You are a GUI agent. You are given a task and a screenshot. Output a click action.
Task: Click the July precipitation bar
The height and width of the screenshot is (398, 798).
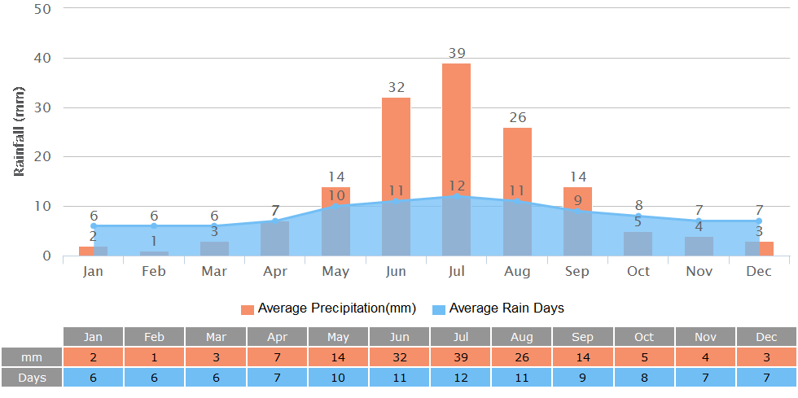(x=456, y=130)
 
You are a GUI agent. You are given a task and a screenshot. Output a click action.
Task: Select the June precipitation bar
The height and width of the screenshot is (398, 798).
(x=396, y=147)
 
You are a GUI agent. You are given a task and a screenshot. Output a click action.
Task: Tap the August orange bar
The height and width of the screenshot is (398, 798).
(x=517, y=163)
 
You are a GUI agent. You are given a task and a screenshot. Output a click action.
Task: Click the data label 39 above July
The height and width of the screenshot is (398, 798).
(x=457, y=54)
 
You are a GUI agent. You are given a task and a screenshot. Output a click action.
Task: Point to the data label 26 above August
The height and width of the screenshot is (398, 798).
(x=517, y=117)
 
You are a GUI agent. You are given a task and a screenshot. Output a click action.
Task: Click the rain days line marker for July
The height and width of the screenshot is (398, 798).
(x=457, y=195)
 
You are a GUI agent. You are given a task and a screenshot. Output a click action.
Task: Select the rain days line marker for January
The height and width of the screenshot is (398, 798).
(x=94, y=225)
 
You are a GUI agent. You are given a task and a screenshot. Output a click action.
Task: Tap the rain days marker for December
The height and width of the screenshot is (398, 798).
(x=759, y=221)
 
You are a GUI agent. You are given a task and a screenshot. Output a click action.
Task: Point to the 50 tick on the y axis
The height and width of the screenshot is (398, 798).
(x=42, y=9)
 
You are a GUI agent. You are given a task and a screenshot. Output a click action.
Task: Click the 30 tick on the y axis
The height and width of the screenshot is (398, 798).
(x=42, y=107)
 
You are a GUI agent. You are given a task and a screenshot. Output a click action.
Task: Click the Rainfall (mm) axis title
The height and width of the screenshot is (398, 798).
(x=20, y=130)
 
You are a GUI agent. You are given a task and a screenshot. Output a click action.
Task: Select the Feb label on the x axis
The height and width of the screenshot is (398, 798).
(x=154, y=271)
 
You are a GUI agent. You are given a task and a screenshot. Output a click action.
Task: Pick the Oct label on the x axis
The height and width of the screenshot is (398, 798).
(x=638, y=271)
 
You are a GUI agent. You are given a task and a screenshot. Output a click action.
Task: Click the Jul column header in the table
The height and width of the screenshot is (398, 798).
(x=460, y=337)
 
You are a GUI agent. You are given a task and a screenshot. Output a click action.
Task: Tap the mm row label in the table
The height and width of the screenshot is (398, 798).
(x=31, y=357)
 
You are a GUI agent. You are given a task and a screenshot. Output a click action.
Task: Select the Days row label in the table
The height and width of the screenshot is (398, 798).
(x=31, y=378)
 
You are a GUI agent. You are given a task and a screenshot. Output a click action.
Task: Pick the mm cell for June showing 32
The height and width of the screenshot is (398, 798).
(x=399, y=357)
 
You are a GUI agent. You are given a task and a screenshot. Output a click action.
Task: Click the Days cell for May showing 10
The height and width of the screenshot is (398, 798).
(x=338, y=378)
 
